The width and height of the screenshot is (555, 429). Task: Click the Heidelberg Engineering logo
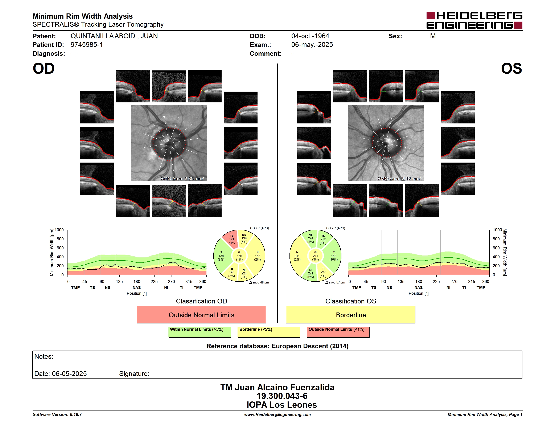click(x=474, y=20)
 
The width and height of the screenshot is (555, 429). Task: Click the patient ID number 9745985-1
click(x=87, y=45)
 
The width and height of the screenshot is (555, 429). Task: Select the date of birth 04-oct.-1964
click(x=310, y=36)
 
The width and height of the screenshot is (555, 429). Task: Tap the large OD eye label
click(x=44, y=69)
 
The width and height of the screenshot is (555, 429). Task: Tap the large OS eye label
click(x=511, y=69)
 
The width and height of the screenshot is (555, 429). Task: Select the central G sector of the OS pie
click(x=315, y=256)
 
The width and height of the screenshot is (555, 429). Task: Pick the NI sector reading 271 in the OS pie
click(x=310, y=273)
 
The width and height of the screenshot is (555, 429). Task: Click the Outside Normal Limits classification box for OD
click(x=201, y=315)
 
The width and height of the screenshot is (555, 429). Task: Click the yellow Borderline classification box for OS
click(x=351, y=315)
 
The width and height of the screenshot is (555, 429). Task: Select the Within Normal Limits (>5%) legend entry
click(x=200, y=332)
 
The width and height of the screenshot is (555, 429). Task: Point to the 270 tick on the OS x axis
click(x=454, y=281)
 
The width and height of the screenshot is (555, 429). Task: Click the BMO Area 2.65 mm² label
click(x=182, y=179)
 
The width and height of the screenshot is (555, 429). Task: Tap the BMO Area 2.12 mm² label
click(x=399, y=179)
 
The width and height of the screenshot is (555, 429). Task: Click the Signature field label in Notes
click(x=134, y=374)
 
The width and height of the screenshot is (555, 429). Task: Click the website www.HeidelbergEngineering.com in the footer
click(x=277, y=414)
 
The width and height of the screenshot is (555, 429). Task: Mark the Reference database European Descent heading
click(x=277, y=346)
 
